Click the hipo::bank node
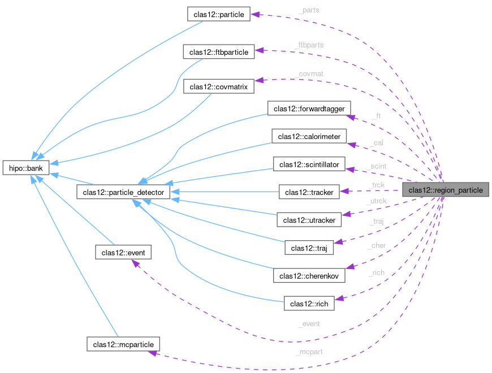pos(26,168)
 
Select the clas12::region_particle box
pos(446,190)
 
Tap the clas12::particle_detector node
pos(122,193)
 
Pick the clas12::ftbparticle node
pos(219,52)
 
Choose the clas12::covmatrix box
pos(219,86)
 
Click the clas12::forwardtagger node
pos(312,108)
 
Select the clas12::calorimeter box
pos(309,136)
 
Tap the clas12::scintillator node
pos(309,165)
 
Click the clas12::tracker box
pos(309,192)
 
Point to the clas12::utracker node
pos(309,219)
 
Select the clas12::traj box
pos(309,248)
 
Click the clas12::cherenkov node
pos(309,275)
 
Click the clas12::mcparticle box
pos(123,343)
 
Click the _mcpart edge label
pos(309,352)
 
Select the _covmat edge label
pos(309,73)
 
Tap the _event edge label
pos(309,324)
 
